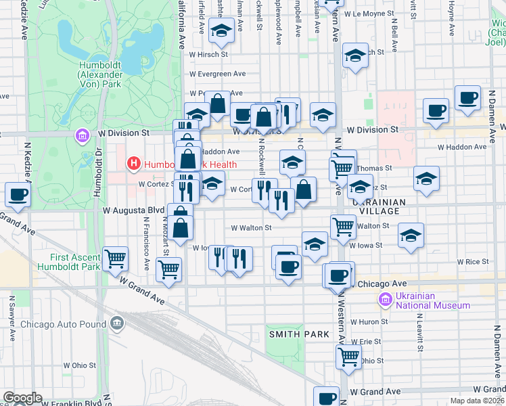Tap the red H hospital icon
click(x=133, y=163)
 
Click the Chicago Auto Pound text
click(x=63, y=324)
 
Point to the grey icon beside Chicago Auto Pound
click(x=118, y=323)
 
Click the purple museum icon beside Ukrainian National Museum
click(x=385, y=299)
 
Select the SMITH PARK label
click(x=299, y=334)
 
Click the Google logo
click(x=22, y=398)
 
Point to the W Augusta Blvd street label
click(x=134, y=211)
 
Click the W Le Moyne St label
click(x=369, y=13)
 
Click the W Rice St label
click(x=472, y=261)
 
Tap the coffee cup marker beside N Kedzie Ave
click(x=18, y=194)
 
